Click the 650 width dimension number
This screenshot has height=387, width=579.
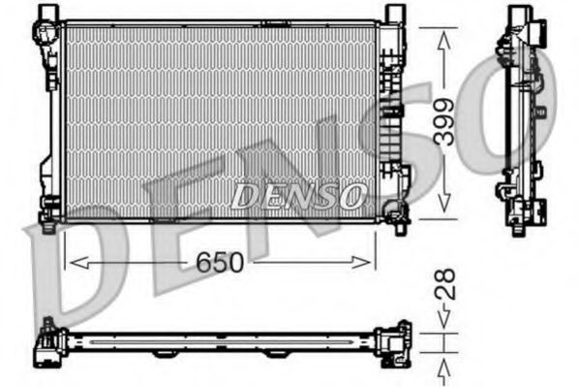click(x=219, y=262)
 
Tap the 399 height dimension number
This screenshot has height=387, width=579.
click(x=442, y=122)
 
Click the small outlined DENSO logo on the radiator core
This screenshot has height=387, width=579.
click(x=297, y=195)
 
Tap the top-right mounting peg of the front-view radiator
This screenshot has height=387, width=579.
click(x=392, y=14)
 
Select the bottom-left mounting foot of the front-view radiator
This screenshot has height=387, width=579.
click(x=46, y=208)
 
